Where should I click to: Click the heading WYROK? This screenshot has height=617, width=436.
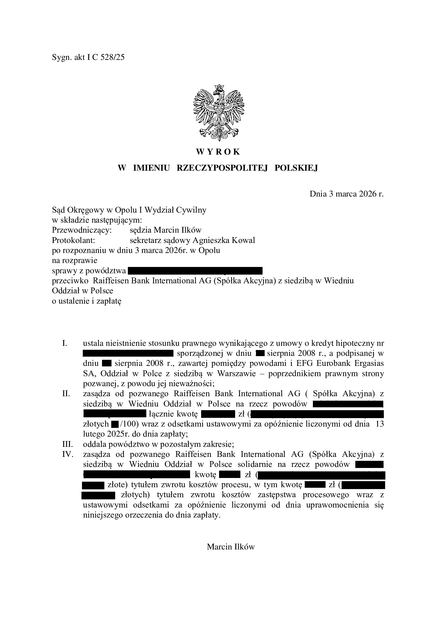click(x=218, y=152)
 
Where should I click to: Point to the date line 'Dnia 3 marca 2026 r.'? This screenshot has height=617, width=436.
click(x=347, y=194)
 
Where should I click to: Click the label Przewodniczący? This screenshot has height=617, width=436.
click(x=82, y=230)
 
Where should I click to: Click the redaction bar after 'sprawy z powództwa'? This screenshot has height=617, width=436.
click(x=195, y=270)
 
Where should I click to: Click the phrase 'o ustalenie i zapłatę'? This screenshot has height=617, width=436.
click(x=86, y=301)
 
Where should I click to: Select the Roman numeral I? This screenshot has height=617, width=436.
click(x=64, y=343)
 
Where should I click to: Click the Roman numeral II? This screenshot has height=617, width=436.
click(x=66, y=394)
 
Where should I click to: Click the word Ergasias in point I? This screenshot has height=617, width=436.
click(x=369, y=363)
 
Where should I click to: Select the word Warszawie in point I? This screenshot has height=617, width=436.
click(x=236, y=374)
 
